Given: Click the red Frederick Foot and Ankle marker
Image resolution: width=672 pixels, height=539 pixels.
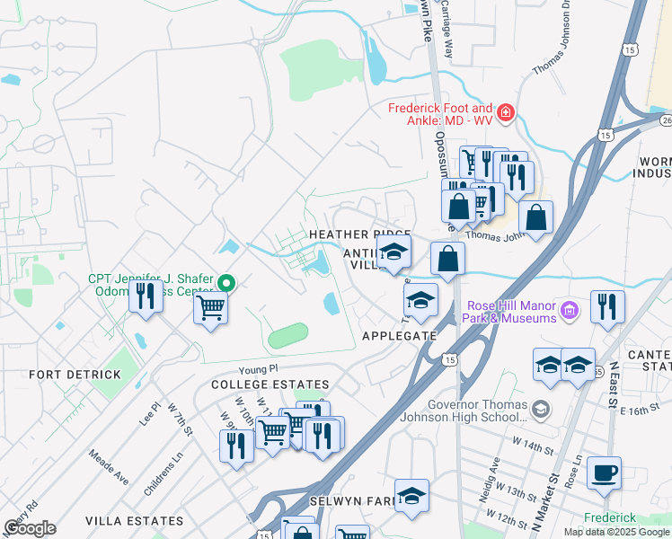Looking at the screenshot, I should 506,112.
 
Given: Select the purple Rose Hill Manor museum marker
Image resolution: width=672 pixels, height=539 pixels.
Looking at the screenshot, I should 568,312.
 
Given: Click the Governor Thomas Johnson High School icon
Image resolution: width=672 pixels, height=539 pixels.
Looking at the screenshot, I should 539,410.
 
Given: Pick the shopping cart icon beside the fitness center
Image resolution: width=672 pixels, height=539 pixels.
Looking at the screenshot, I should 210,308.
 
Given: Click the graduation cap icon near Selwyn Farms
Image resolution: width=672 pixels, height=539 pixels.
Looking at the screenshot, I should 411,495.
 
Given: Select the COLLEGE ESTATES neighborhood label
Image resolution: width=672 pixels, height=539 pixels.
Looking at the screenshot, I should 252,384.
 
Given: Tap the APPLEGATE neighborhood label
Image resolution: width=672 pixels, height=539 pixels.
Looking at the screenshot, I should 398,336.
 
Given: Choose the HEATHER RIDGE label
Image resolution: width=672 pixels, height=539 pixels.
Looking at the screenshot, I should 359,234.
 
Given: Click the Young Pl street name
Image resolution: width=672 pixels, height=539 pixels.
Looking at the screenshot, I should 260,369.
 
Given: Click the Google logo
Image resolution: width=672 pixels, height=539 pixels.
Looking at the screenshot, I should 30,528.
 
